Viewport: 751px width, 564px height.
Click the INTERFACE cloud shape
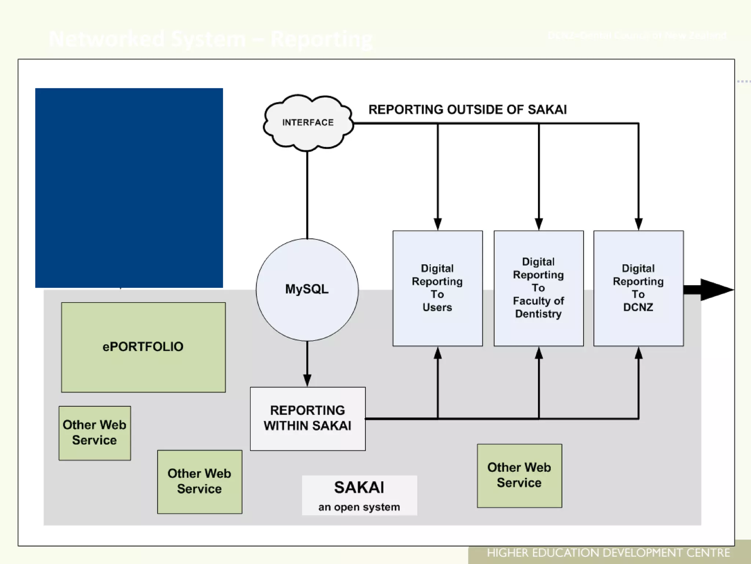click(308, 123)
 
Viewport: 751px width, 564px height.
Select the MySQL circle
click(307, 289)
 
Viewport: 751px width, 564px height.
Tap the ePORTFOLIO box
click(143, 347)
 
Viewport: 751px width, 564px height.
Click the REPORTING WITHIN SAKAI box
click(308, 418)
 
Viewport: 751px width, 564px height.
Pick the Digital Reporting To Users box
click(437, 288)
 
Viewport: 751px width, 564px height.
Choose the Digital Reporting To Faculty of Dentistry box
click(538, 288)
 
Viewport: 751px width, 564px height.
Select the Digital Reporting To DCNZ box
click(638, 288)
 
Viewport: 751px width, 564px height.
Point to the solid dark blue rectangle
click(129, 188)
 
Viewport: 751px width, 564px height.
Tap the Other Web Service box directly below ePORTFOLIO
click(95, 433)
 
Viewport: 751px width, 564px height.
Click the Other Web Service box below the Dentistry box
click(519, 476)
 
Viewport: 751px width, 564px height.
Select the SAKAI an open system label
click(359, 495)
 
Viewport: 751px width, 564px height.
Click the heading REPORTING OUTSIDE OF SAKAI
click(468, 109)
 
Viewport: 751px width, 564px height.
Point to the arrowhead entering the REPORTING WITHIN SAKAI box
click(307, 380)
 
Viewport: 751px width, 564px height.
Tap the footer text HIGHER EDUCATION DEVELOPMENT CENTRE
click(608, 553)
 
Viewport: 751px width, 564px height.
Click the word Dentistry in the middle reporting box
click(538, 314)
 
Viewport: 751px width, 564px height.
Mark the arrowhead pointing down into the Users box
click(437, 224)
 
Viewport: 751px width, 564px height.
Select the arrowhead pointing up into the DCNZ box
click(638, 353)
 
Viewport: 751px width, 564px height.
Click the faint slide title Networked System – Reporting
click(211, 39)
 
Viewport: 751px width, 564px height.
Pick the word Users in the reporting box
click(437, 307)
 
